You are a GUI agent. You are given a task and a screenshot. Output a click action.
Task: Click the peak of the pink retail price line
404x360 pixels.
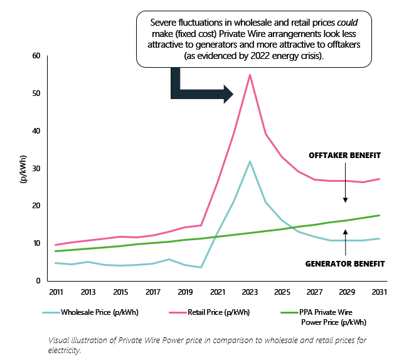coord(250,75)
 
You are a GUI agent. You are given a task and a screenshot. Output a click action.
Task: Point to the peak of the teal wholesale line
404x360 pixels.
coord(250,162)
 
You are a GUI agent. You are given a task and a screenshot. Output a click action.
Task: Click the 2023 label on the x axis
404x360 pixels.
coord(250,292)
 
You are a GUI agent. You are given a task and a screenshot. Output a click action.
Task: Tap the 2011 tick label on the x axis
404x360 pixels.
coord(56,292)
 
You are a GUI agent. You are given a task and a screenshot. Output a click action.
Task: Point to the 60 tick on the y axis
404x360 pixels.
coord(36,56)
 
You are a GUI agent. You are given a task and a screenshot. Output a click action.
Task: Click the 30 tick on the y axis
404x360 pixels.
coord(36,168)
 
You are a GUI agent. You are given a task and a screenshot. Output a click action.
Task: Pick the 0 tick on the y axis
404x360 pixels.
coord(38,281)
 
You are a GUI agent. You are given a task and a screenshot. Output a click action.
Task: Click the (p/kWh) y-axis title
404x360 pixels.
coord(24,168)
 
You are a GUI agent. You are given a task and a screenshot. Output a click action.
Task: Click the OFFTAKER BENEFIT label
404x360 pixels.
coord(345,155)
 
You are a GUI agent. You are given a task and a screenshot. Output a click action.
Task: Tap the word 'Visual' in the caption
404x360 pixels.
coord(60,340)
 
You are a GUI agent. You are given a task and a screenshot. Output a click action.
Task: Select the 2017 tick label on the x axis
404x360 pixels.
coord(153,292)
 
